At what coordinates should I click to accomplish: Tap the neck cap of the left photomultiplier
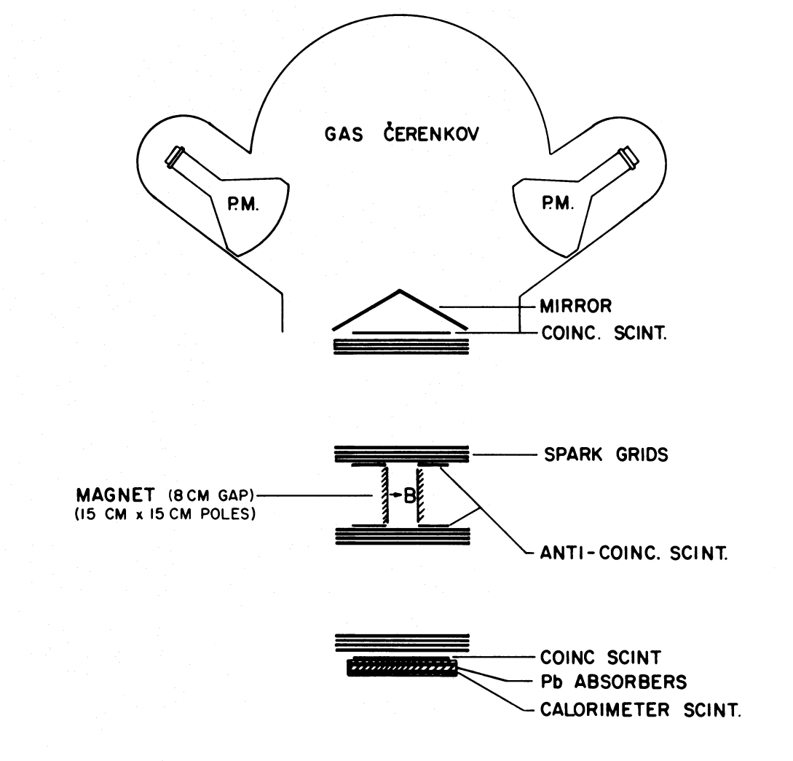(175, 156)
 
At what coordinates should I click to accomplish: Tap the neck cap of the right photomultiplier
(626, 156)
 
